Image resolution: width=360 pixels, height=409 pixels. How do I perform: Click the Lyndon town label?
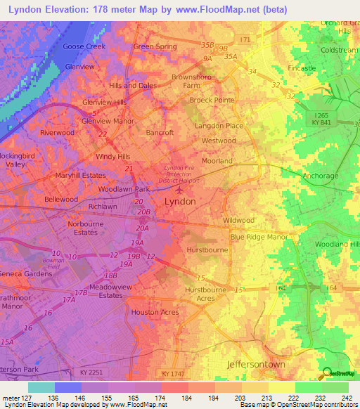point(179,201)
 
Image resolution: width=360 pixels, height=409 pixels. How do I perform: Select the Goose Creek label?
point(84,46)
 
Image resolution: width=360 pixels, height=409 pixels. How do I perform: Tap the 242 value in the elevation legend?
point(347,398)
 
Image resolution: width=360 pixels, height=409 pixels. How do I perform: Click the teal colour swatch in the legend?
point(41,387)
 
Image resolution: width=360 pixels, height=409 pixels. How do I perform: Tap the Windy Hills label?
point(113,156)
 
